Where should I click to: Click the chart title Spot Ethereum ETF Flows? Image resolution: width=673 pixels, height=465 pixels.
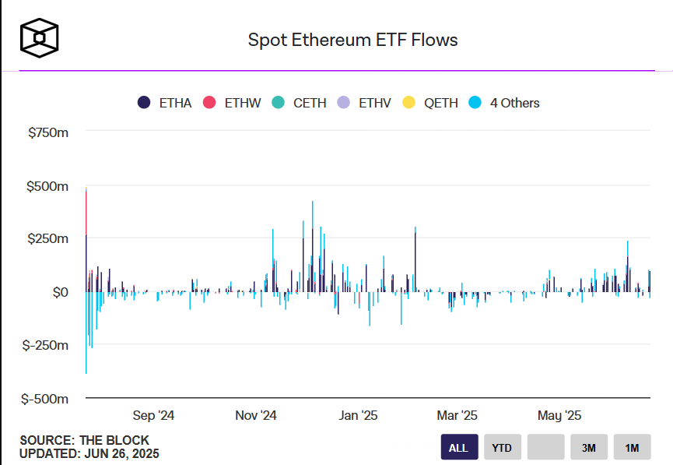point(352,40)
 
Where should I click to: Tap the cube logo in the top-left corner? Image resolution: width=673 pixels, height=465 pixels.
point(40,37)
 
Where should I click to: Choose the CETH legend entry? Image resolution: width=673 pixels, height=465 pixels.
point(300,103)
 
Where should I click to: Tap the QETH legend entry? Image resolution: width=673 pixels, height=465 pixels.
point(433,103)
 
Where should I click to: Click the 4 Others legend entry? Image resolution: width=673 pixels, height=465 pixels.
point(505,103)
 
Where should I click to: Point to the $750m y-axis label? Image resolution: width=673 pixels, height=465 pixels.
point(48,133)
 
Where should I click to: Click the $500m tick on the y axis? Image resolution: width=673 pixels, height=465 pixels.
point(48,187)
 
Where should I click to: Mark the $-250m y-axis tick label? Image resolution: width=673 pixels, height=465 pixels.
point(46,345)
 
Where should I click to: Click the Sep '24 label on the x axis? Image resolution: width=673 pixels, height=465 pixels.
point(154,415)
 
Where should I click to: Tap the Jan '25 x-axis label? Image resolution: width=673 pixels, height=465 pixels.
point(359,415)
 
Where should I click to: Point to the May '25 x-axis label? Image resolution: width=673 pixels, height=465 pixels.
point(560,415)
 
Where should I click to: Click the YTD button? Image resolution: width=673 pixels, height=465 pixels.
point(502,448)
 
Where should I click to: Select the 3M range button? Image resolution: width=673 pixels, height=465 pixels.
point(588,448)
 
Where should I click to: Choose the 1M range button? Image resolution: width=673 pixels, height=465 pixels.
point(631,448)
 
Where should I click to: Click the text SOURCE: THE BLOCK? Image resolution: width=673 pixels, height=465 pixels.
point(84,441)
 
